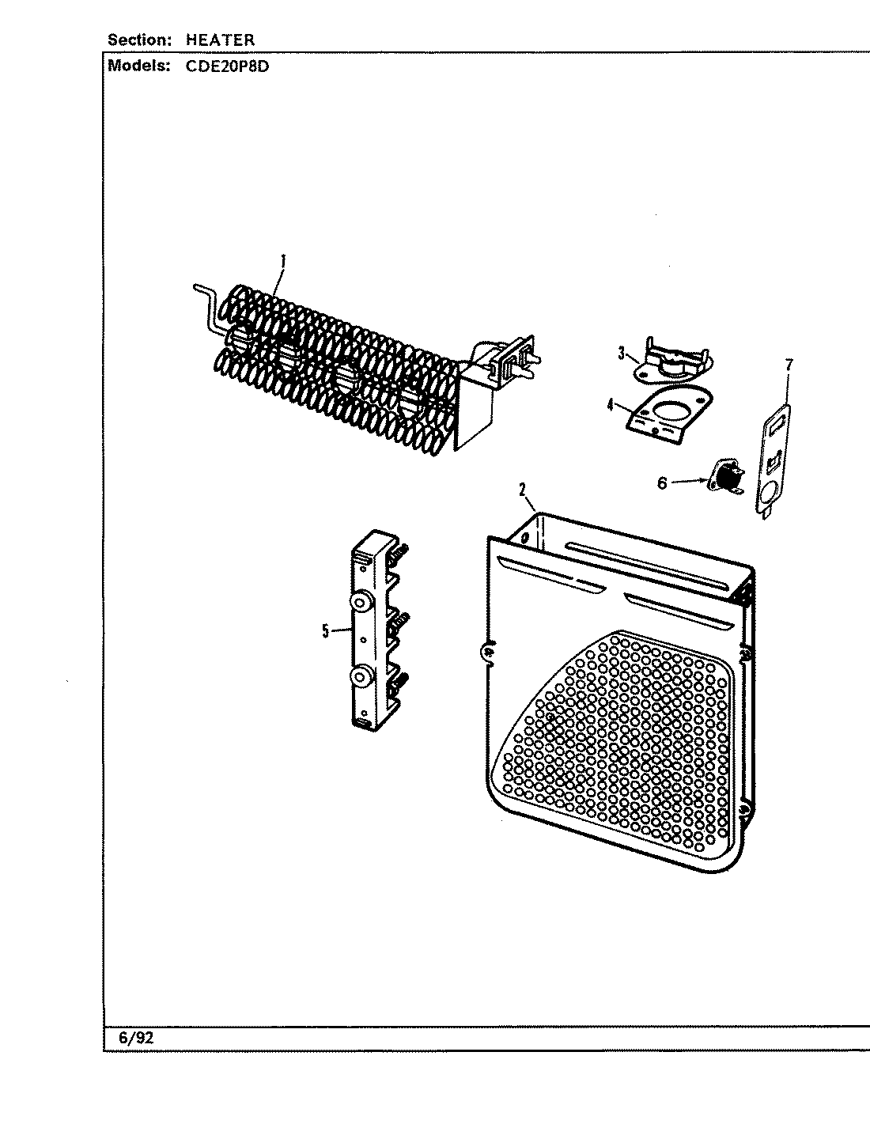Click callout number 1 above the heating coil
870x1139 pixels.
(x=283, y=260)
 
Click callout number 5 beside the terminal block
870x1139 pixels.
(x=325, y=630)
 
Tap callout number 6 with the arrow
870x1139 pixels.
(x=662, y=482)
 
